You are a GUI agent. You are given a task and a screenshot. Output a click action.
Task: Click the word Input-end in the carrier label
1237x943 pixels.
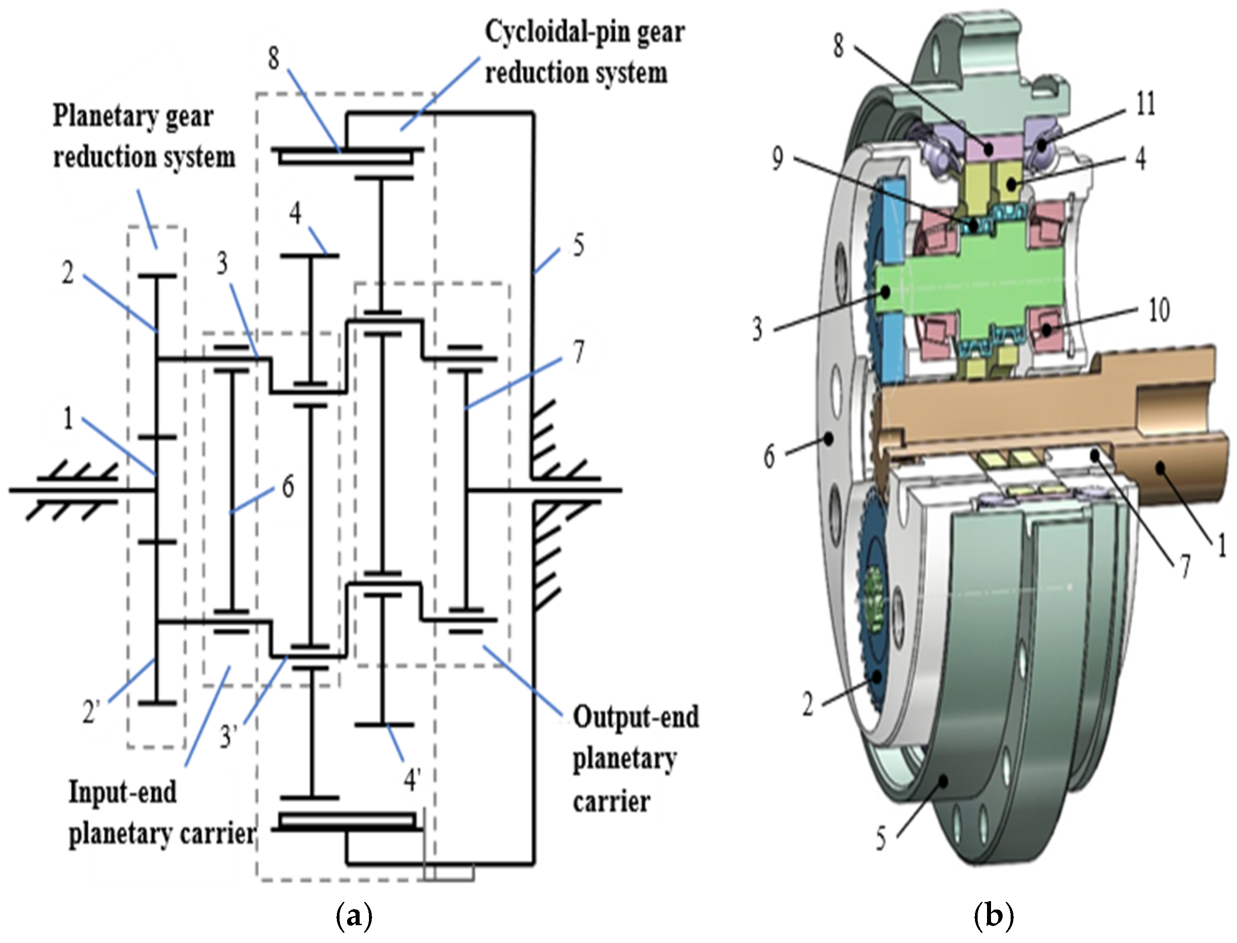(123, 792)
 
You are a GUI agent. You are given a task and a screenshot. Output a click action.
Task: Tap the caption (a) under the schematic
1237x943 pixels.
(354, 917)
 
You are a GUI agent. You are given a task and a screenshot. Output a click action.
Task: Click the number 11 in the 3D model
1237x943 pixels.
(1145, 104)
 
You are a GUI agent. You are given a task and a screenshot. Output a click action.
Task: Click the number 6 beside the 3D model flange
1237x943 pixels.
(770, 456)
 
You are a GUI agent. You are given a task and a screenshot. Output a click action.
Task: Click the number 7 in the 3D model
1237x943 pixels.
(1184, 567)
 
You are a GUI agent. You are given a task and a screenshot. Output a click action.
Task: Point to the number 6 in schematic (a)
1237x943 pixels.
(287, 487)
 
